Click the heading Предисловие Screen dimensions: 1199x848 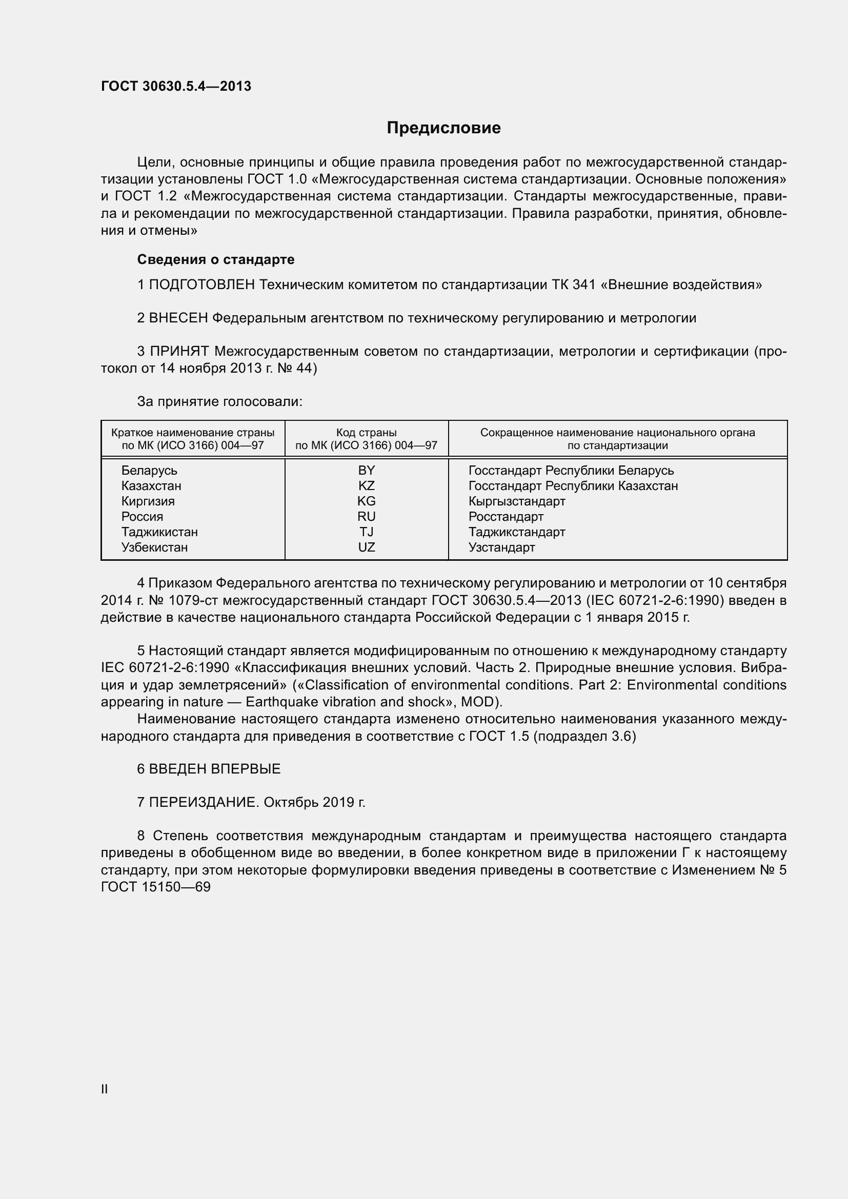tap(443, 128)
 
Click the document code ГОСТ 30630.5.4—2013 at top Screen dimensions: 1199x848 tap(176, 86)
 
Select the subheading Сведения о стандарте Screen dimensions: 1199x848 tap(216, 259)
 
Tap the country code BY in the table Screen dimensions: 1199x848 tap(366, 471)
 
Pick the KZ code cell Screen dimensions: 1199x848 tap(366, 485)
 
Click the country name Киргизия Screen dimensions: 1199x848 tap(148, 501)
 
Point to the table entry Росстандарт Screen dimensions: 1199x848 tap(506, 517)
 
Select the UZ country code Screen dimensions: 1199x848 tap(366, 547)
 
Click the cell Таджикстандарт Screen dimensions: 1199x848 tap(516, 532)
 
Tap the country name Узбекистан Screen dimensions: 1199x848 tap(154, 547)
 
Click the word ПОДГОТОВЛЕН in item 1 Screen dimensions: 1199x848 tap(202, 285)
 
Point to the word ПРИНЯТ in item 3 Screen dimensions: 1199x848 tap(179, 352)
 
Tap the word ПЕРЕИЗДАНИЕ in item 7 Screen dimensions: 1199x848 tap(203, 802)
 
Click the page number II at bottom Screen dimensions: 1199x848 tap(105, 1089)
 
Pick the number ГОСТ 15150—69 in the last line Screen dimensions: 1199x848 tap(156, 887)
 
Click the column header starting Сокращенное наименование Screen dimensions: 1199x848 tap(617, 439)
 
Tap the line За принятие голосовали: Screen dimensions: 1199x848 tap(219, 401)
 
